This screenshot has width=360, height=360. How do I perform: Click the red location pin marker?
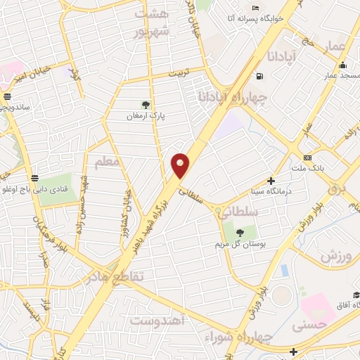click(x=181, y=165)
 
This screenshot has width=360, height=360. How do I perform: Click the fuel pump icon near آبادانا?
click(x=261, y=76)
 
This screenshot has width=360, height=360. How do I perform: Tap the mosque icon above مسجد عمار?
click(x=343, y=65)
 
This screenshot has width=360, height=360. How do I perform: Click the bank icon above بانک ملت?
click(x=307, y=157)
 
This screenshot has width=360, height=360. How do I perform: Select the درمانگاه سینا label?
click(x=271, y=191)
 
